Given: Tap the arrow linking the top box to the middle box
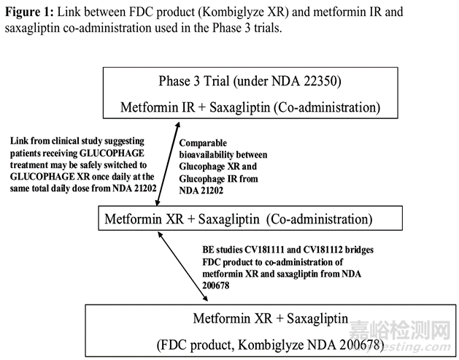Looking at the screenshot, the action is pos(168,164).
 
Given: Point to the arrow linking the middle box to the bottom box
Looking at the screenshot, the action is pos(182,267).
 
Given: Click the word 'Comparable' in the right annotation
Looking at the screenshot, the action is pos(203,143).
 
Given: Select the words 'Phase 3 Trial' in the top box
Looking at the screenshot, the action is pos(194,81).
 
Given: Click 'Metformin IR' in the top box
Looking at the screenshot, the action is pos(158,107).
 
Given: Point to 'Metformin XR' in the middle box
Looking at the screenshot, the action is pos(144,219).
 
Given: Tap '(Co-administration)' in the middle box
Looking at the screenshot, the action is pos(320,219).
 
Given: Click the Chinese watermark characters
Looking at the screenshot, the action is pos(400,330).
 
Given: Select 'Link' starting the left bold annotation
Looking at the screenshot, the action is pos(19,141).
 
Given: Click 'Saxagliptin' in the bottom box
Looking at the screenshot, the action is pos(317,318).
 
